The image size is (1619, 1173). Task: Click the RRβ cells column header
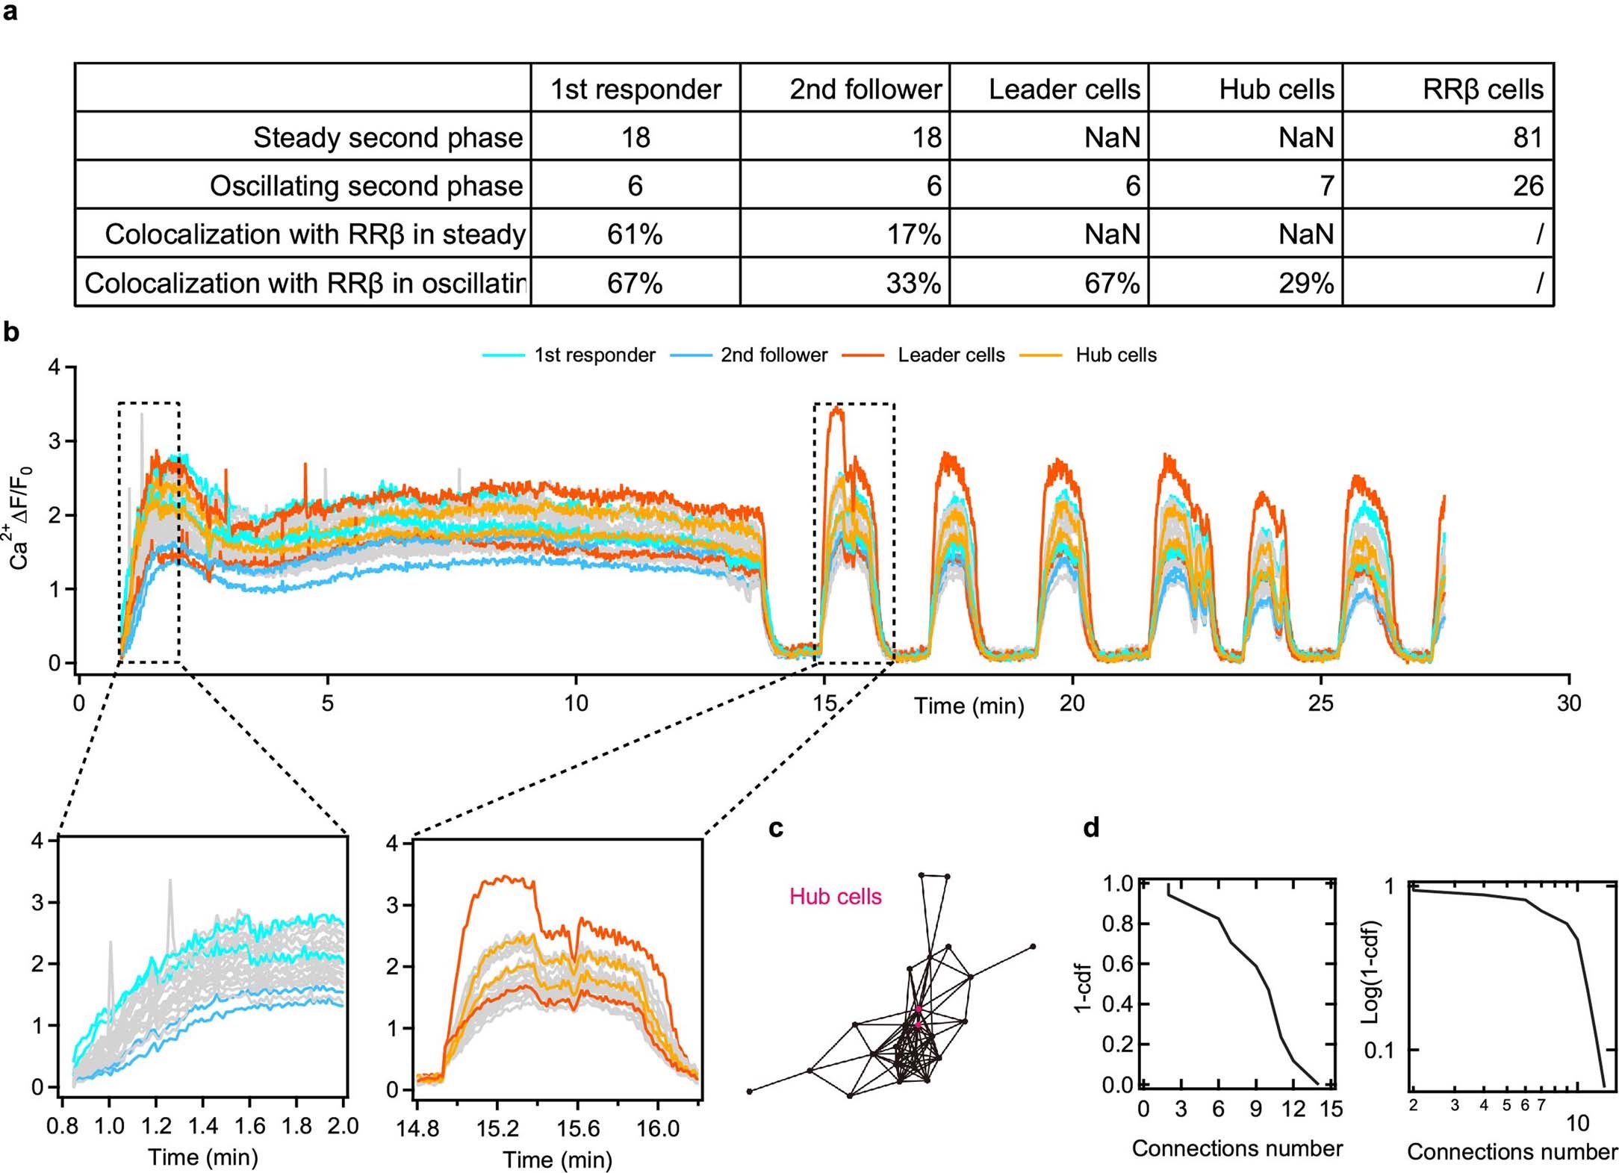coord(1482,89)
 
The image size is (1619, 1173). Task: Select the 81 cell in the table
coord(1527,137)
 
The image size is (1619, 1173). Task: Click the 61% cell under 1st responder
coord(635,234)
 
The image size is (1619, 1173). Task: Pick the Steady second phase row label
coord(388,137)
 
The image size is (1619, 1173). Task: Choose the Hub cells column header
coord(1275,89)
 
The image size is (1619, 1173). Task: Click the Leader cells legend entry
coord(950,355)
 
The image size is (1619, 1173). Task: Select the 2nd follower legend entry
coord(774,355)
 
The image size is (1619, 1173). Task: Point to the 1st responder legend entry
coord(594,355)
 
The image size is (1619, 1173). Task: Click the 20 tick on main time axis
coord(1072,703)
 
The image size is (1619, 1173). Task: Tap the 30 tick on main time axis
coord(1568,703)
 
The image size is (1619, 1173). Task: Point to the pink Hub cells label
coord(835,897)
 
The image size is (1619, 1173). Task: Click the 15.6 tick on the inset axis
coord(577,1127)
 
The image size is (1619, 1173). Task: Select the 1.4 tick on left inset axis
coord(202,1125)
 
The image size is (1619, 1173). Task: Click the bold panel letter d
coord(1091,828)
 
